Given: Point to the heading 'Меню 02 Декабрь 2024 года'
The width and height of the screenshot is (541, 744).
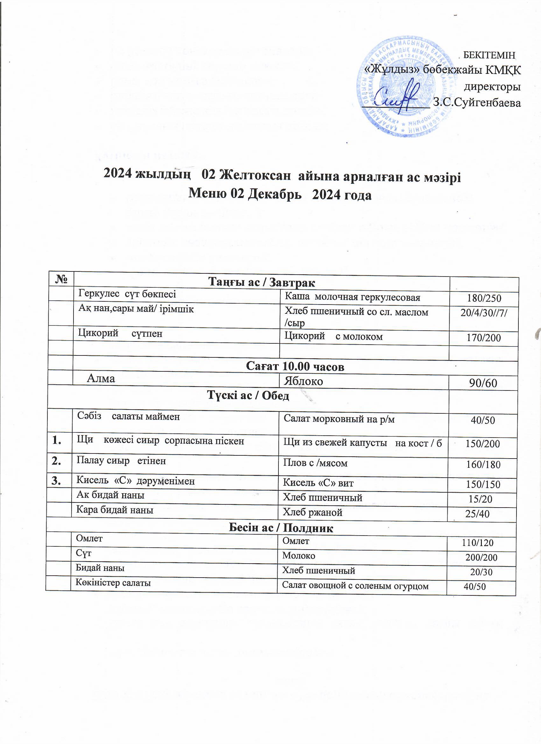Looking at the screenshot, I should point(279,195).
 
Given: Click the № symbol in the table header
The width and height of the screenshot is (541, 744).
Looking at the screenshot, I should point(61,279).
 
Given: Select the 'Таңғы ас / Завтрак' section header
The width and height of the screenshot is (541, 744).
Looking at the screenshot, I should point(262,282).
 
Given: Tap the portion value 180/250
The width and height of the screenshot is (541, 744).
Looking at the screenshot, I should point(484,298).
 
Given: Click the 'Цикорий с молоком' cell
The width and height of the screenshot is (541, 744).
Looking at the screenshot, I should point(333,336).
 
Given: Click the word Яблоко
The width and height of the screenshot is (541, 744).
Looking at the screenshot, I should point(304,381).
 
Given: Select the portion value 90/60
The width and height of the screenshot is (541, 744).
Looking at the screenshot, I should point(483,383).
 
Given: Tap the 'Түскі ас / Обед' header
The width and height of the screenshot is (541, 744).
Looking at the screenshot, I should point(248,396).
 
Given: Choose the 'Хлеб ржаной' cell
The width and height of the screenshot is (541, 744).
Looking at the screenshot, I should point(312,512).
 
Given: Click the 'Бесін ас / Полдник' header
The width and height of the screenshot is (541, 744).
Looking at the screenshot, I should point(280,528).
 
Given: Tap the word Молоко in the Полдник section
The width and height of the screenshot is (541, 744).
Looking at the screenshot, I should point(299,556).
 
